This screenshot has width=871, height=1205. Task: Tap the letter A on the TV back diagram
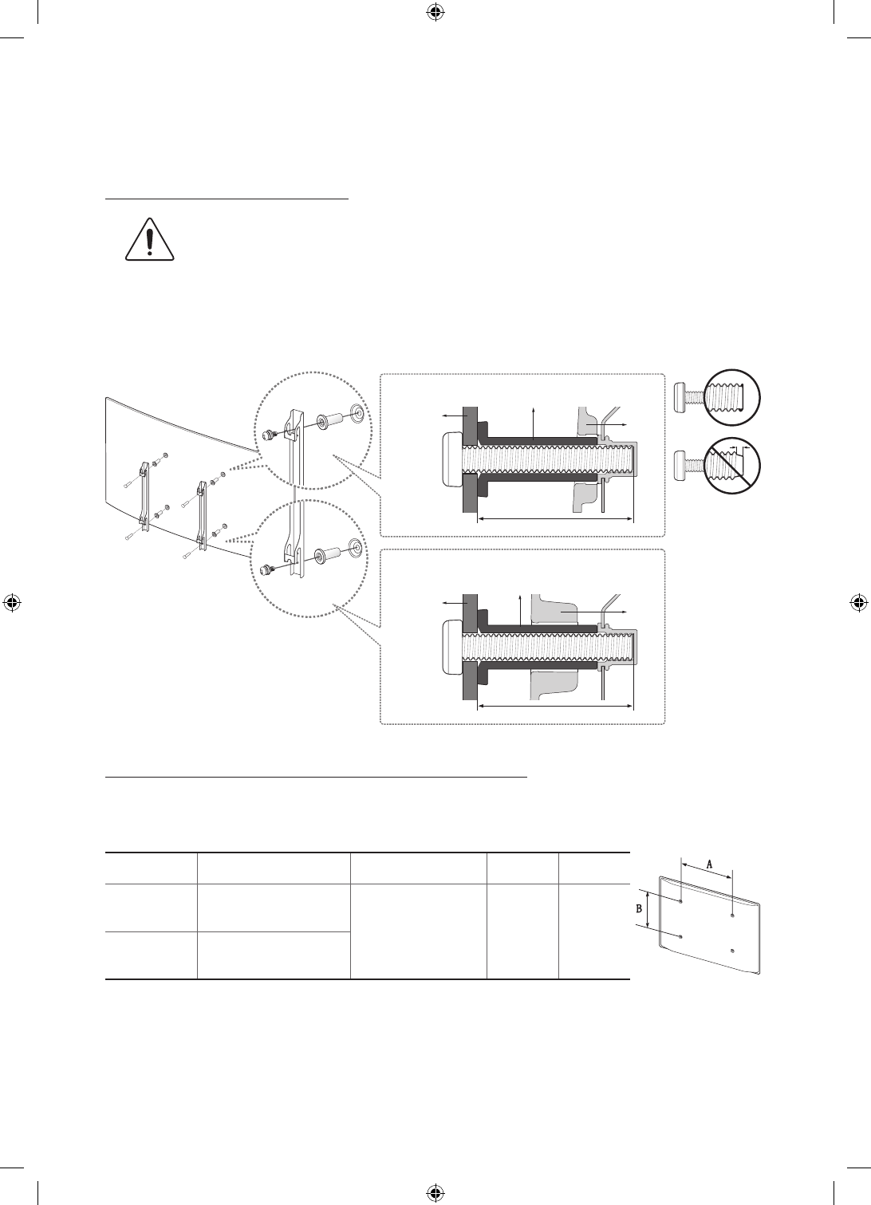[710, 864]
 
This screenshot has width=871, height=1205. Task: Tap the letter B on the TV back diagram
[639, 908]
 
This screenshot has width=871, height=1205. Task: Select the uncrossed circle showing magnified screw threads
[732, 397]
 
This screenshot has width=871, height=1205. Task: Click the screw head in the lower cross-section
[451, 646]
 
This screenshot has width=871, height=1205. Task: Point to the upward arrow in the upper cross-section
[533, 424]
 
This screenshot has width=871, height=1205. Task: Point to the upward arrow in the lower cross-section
[520, 611]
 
